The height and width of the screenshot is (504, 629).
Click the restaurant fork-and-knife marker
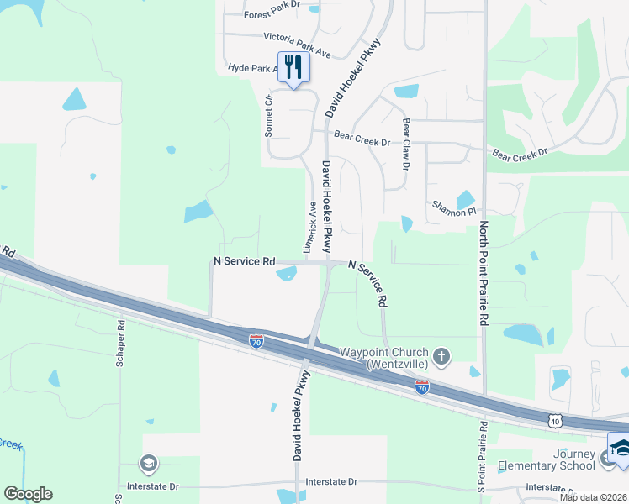293,67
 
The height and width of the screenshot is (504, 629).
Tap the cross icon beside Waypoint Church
442,357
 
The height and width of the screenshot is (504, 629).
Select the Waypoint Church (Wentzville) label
384,358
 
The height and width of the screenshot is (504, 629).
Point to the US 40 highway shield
552,419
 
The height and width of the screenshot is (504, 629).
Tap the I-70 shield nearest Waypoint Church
422,386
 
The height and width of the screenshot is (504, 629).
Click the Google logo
28,494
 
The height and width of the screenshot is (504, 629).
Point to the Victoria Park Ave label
297,45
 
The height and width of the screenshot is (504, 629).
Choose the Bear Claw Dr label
406,144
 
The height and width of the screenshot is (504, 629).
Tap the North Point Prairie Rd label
484,272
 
